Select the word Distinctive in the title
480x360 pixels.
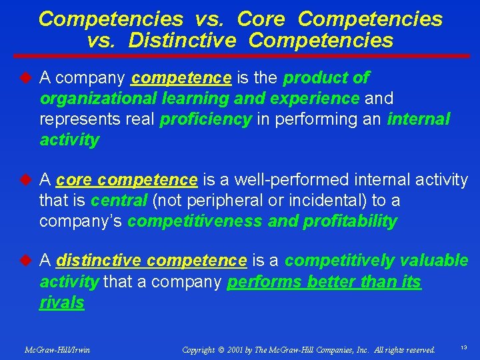[x=182, y=41]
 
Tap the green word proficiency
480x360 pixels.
[x=205, y=119]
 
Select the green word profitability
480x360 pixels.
[x=350, y=221]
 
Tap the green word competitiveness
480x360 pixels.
[x=195, y=221]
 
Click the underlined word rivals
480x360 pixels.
[x=61, y=303]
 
